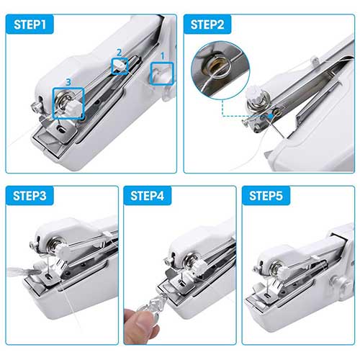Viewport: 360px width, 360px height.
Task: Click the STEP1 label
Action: [x=30, y=24]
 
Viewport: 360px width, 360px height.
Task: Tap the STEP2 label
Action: [x=207, y=24]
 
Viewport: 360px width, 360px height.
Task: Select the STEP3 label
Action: [x=30, y=196]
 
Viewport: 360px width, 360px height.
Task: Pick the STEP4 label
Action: [x=148, y=196]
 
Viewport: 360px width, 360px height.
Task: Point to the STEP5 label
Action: [x=266, y=196]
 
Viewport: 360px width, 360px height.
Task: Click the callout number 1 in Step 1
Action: [x=163, y=56]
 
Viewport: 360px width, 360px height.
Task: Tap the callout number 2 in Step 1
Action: [x=120, y=53]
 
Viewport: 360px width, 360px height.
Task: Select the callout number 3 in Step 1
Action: [x=68, y=82]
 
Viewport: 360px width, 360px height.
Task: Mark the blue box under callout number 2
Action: [x=112, y=66]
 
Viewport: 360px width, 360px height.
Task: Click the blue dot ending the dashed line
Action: [x=271, y=117]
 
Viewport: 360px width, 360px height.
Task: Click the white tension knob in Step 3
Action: [x=63, y=251]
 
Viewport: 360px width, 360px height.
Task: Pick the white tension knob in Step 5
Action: [x=284, y=271]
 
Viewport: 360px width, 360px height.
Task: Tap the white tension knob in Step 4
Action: [x=200, y=266]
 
